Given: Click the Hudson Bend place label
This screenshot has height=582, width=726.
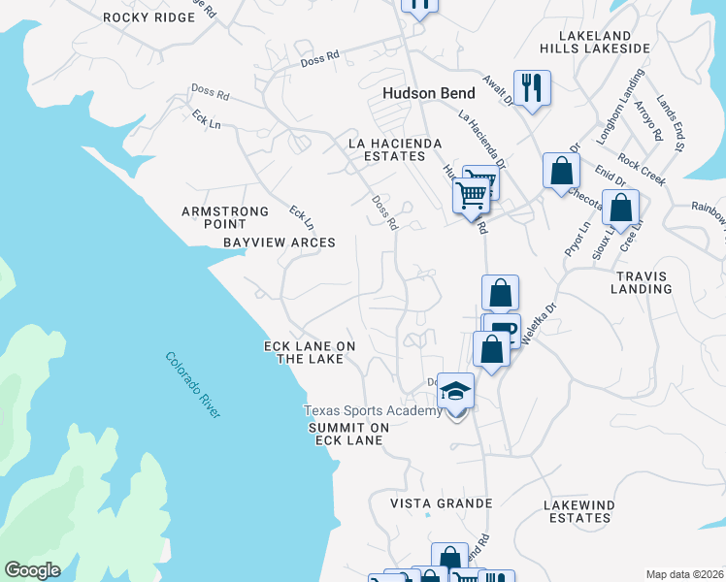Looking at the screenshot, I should [428, 94].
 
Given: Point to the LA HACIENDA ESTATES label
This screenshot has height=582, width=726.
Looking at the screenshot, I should [395, 149].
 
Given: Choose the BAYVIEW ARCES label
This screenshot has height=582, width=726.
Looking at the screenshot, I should [280, 242].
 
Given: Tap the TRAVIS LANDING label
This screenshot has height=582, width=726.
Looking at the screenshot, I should [642, 282].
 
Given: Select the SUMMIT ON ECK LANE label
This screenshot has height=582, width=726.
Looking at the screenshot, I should [348, 434].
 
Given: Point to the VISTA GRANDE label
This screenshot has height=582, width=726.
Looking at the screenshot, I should [442, 503].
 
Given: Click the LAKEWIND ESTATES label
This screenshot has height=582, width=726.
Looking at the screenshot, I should [577, 511].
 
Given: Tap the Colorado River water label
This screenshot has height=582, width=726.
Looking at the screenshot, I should [193, 385].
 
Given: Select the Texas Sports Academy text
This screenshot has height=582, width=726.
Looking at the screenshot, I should [373, 411].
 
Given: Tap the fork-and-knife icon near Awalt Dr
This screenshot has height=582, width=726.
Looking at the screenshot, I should [531, 87].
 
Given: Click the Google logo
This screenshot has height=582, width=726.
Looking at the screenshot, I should [33, 570].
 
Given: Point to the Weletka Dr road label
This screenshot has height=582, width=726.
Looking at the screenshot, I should [540, 322].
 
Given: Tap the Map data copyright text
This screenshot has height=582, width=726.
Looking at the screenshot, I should [683, 574].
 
